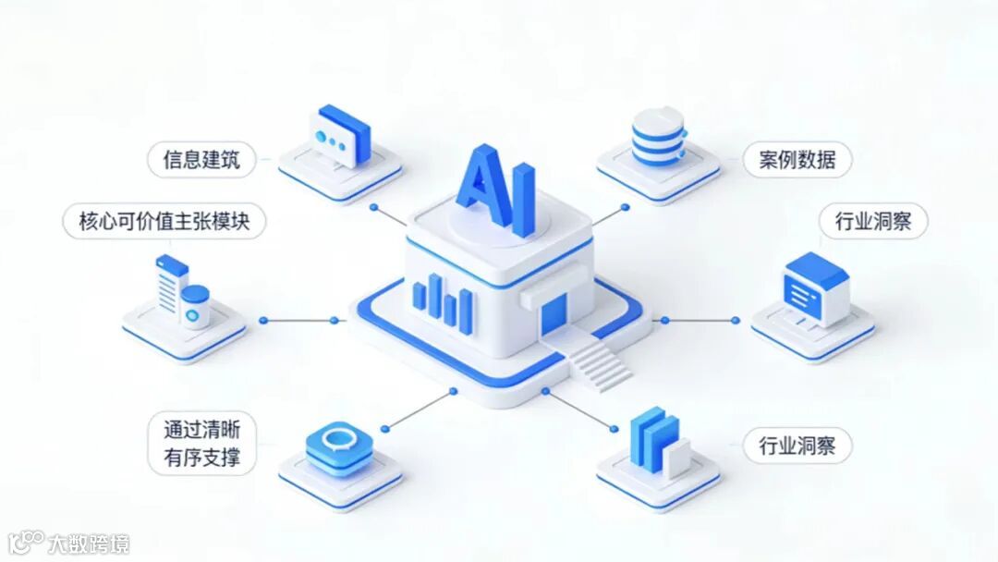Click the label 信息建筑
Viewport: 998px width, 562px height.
pos(201,160)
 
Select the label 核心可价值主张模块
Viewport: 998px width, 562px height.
pos(164,222)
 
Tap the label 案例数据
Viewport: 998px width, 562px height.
pos(797,160)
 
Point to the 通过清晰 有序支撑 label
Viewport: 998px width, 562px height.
pos(201,444)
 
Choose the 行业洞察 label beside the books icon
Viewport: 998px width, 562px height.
pos(797,446)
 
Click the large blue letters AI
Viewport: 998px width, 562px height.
pos(496,190)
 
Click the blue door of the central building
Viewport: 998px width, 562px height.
pos(554,312)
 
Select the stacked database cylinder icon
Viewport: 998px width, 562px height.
pos(657,137)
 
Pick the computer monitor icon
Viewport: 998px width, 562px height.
pos(814,287)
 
